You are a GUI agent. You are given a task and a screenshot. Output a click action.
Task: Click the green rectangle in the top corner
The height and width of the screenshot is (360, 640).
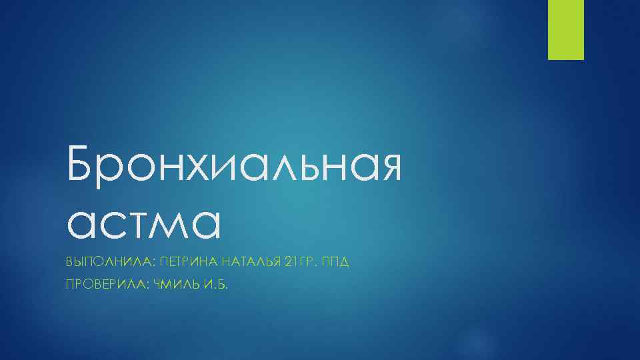point(565,29)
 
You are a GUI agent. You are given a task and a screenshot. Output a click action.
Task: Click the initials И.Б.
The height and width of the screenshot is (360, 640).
point(215,285)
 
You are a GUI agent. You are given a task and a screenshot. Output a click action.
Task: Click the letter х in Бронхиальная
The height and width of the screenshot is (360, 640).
point(195,167)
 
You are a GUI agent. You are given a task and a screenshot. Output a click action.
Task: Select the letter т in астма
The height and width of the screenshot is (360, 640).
point(140,223)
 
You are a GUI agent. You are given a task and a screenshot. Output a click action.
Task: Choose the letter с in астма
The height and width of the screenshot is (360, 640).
point(113,223)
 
